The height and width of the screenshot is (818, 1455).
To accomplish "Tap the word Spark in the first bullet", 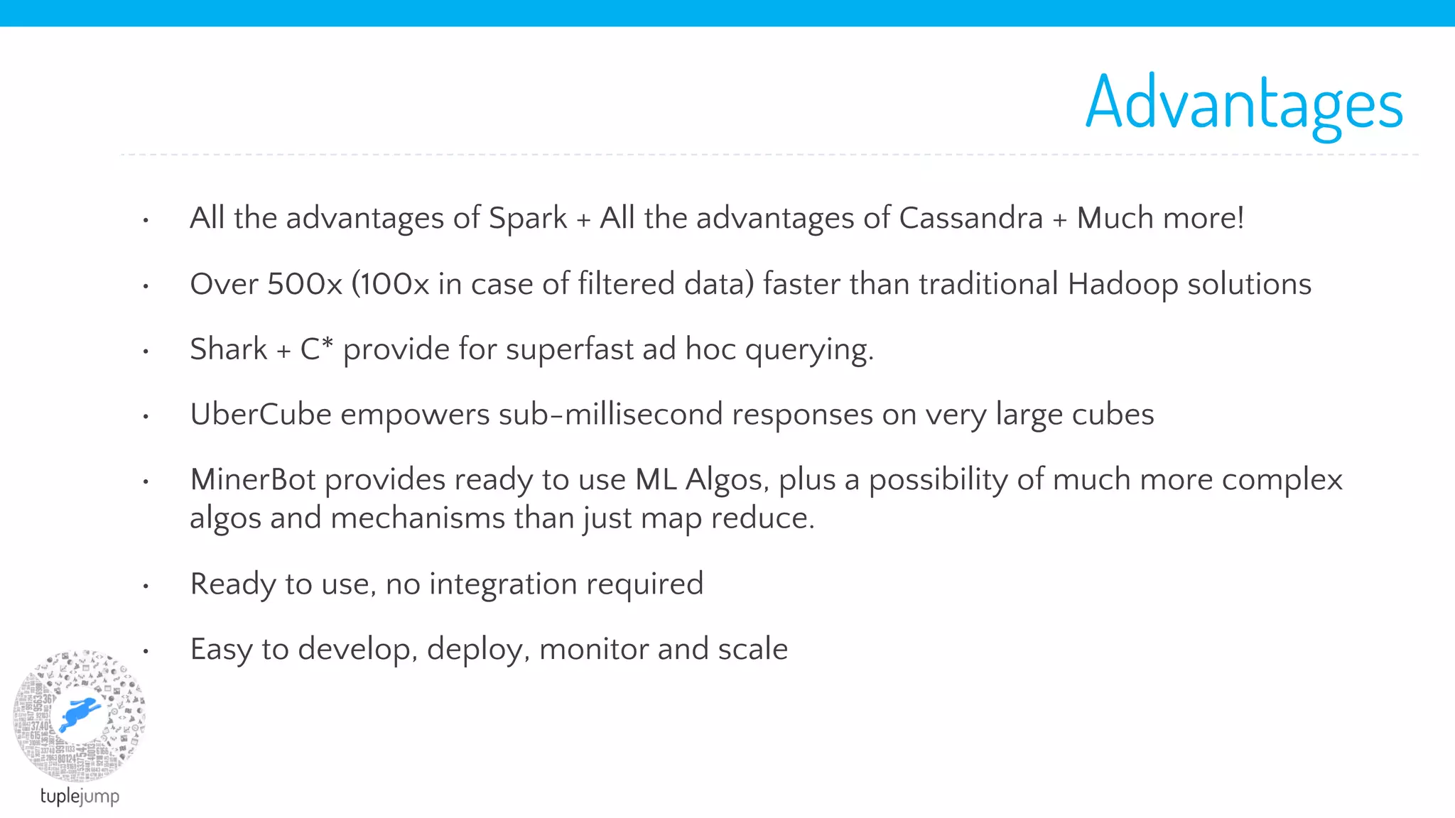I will tap(528, 218).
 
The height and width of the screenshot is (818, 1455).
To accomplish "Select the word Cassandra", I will tap(970, 218).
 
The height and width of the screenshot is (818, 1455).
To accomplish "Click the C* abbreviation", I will tap(316, 349).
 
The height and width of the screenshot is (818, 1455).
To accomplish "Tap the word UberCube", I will tap(261, 415).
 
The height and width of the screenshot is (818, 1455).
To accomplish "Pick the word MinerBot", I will tap(253, 480).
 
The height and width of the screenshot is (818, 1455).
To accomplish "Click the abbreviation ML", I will tap(656, 480).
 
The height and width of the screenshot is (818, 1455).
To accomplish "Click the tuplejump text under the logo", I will tap(80, 796).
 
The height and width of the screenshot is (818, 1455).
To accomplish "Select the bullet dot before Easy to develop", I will tap(146, 651).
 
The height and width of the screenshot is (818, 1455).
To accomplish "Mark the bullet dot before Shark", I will tap(146, 351).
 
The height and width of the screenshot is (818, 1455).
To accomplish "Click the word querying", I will tap(808, 350).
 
